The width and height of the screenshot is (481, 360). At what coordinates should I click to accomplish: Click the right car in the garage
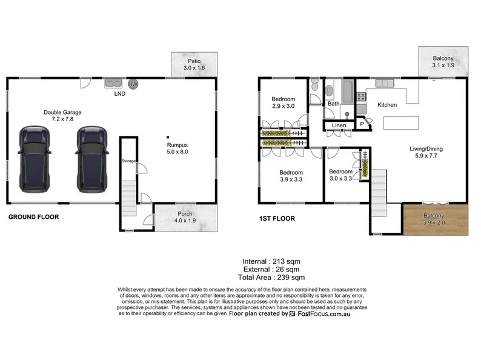(91, 158)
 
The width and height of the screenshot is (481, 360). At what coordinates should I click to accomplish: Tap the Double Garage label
(62, 116)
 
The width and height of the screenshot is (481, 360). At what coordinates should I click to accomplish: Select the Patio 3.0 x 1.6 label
(194, 65)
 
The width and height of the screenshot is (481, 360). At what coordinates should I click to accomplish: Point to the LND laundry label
(120, 94)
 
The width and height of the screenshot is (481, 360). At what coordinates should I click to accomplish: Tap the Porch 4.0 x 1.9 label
(185, 217)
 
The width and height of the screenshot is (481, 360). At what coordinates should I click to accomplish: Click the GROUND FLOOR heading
(33, 216)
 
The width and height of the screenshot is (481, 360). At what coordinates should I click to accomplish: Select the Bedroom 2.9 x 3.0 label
(283, 102)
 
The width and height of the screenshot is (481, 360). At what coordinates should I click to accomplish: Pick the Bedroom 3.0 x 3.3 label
(340, 175)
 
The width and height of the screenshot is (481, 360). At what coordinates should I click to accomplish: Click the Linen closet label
(338, 125)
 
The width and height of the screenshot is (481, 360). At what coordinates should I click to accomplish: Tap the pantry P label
(362, 124)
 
